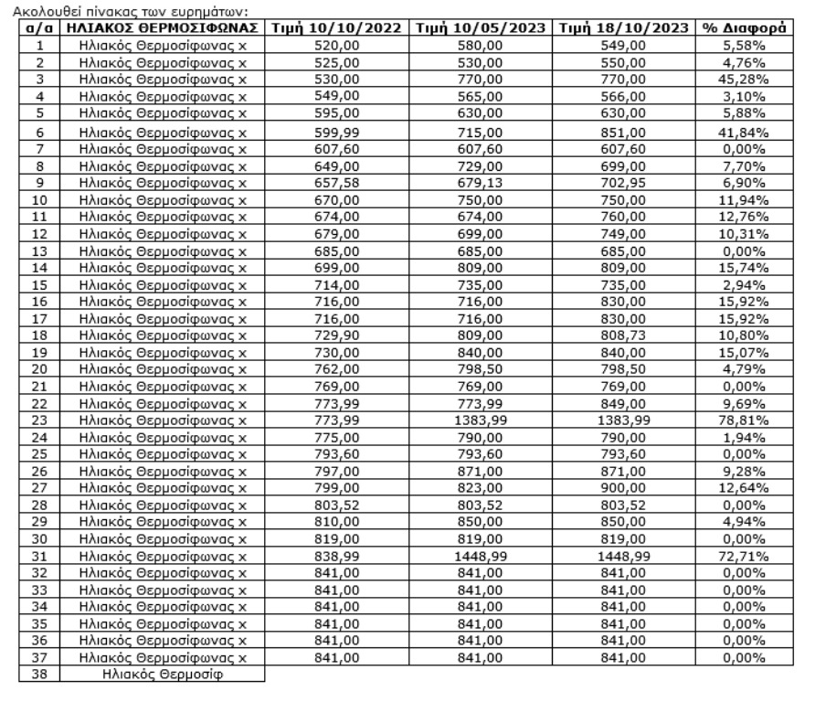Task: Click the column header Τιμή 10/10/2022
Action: (x=337, y=28)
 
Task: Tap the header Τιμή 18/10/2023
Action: (x=626, y=28)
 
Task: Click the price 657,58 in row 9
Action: (x=337, y=184)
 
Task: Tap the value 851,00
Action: (x=626, y=132)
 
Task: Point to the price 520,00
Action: (x=337, y=45)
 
